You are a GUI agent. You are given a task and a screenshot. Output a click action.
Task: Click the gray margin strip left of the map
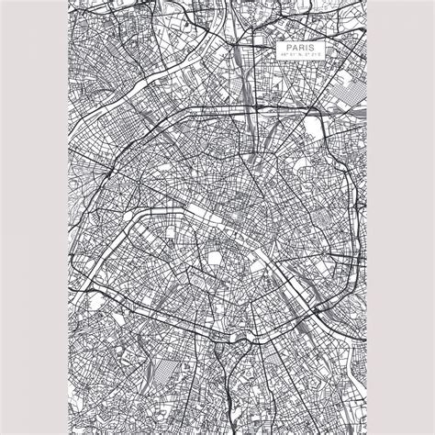click(x=34, y=217)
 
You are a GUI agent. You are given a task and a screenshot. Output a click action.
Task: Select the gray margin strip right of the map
click(x=400, y=217)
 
